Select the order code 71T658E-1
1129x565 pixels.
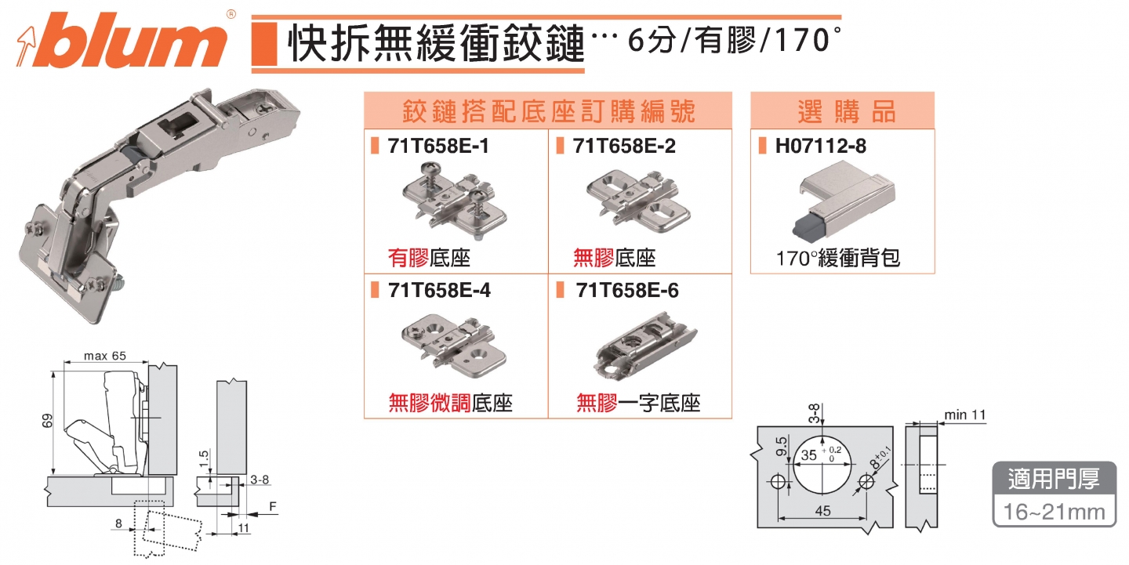click(x=438, y=146)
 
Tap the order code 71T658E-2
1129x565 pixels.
click(x=624, y=146)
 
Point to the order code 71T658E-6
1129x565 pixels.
click(x=626, y=290)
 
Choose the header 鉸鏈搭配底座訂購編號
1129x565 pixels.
click(x=547, y=111)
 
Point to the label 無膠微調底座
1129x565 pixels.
click(x=450, y=404)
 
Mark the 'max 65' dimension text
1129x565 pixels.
click(x=103, y=357)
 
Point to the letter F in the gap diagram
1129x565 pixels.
click(x=272, y=507)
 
